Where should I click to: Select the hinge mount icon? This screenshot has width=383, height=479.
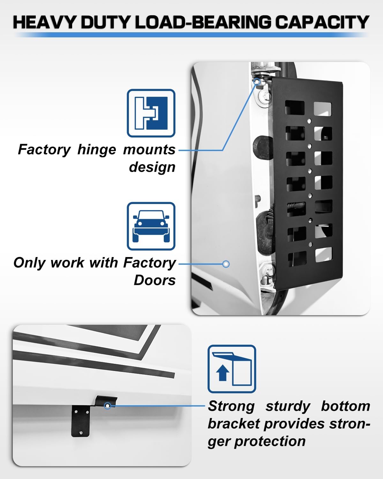pos(151,113)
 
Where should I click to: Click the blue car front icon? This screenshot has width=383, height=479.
pos(151,226)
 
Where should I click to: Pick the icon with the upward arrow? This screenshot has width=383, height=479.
pos(232,369)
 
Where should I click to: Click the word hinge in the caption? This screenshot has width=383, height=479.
pos(97,149)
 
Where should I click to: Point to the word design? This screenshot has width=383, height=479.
pos(152,167)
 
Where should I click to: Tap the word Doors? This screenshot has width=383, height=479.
pos(155,280)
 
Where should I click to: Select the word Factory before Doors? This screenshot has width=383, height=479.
pos(149,262)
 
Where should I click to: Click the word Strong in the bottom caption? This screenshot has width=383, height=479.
pos(231,406)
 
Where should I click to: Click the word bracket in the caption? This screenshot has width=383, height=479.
pos(234,424)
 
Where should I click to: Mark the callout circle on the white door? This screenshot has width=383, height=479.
pos(226,264)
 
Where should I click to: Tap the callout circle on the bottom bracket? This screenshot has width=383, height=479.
pos(108,406)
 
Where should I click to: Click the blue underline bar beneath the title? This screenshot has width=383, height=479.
pos(191,34)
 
